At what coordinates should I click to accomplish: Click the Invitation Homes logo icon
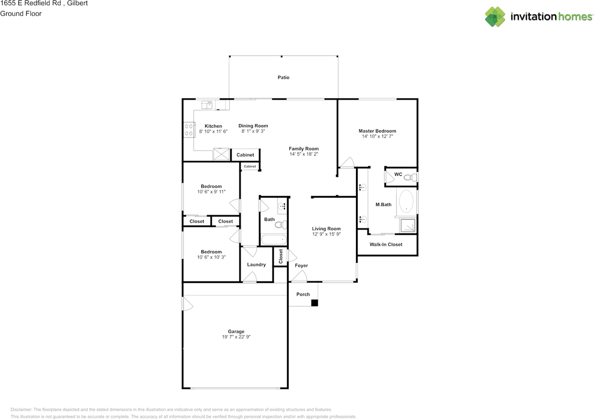tap(495, 17)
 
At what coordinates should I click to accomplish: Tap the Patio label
tap(284, 78)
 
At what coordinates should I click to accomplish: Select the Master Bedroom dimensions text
tap(377, 137)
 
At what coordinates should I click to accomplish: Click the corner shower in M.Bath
tap(408, 225)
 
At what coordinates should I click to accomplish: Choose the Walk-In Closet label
tap(386, 244)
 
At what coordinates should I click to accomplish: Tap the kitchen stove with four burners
tap(189, 130)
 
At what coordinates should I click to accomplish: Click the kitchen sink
tap(207, 105)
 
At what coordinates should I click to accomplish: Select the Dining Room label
tap(253, 126)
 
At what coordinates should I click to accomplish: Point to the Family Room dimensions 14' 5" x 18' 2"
tap(303, 154)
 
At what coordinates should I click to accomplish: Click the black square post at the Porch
tap(314, 303)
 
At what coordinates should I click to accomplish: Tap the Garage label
tap(236, 332)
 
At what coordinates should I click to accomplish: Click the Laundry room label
tap(256, 265)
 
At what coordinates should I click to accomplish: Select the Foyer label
tap(301, 266)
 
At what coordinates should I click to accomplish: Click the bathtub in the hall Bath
tap(273, 240)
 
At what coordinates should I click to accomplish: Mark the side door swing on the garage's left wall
tap(187, 305)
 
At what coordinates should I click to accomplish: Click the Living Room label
tap(326, 229)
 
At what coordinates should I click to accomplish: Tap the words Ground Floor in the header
tap(21, 13)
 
